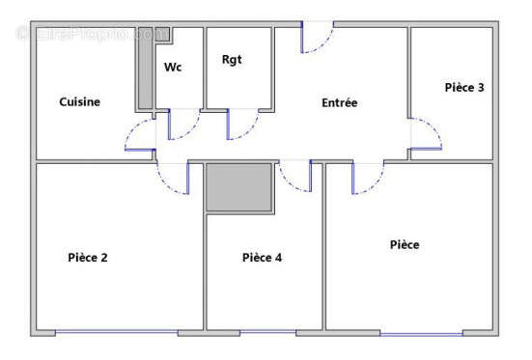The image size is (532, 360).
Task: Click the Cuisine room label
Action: (x=79, y=102)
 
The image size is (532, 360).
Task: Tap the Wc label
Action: (x=173, y=67)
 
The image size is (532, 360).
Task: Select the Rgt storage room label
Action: (x=232, y=60)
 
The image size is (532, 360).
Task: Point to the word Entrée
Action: (x=340, y=102)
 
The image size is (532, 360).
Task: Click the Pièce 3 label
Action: (x=463, y=88)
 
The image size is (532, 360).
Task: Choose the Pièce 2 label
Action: (x=88, y=257)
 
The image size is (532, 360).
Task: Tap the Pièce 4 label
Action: (x=262, y=258)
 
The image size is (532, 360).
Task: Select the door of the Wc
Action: (x=183, y=125)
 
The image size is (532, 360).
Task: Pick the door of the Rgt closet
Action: (x=242, y=125)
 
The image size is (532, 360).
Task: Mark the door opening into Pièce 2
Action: (x=174, y=179)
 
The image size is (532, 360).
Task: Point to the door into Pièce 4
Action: (x=295, y=177)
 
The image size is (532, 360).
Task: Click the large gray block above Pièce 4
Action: (x=239, y=186)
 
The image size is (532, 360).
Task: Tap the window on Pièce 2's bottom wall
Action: (x=116, y=333)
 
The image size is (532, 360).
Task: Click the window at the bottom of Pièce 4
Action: (x=267, y=333)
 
